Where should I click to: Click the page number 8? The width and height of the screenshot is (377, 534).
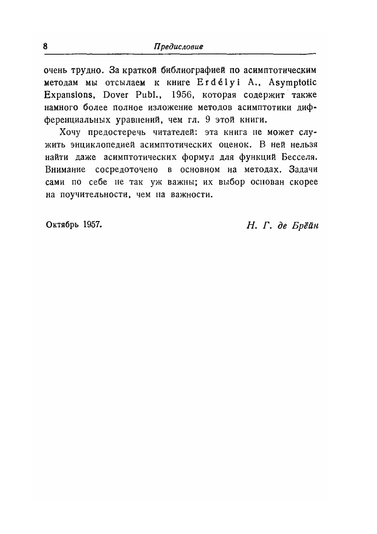click(46, 46)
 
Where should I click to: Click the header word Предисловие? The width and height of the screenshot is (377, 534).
click(179, 47)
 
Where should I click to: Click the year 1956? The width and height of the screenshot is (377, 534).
click(182, 95)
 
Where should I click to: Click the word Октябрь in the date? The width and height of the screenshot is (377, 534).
click(62, 224)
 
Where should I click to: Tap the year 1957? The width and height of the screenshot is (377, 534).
click(92, 224)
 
